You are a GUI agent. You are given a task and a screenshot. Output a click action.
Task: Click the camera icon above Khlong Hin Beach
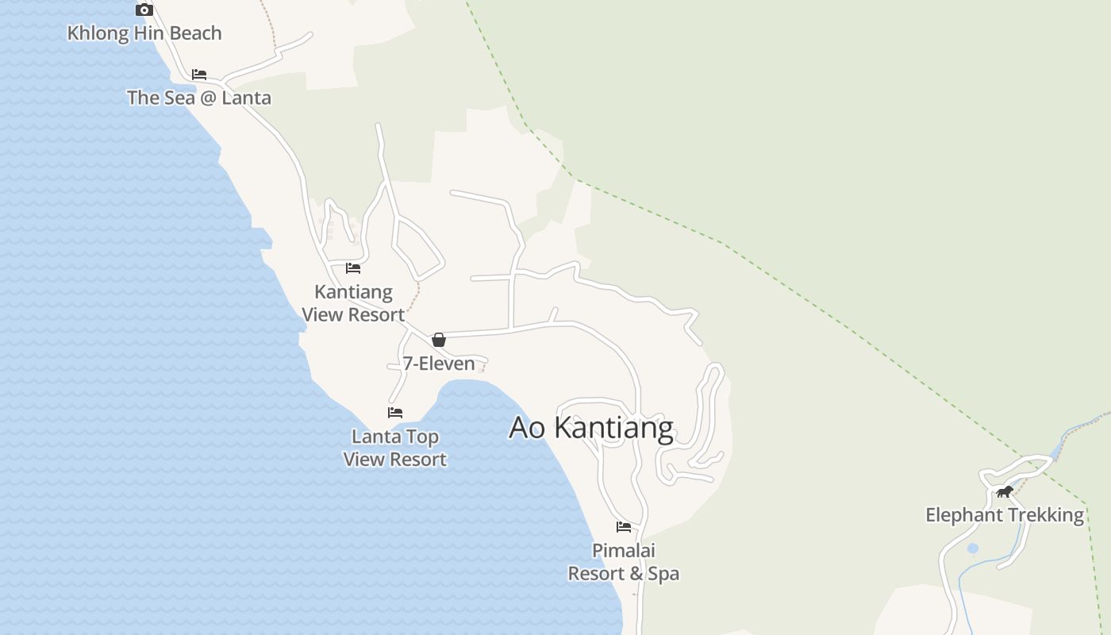tap(144, 10)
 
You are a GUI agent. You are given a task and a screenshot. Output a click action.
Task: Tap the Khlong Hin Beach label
tap(144, 33)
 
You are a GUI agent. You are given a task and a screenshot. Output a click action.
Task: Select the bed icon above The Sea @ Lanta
tap(199, 75)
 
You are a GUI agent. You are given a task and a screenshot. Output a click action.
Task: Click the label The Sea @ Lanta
tap(199, 98)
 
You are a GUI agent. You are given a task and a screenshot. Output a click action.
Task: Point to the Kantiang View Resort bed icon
tap(353, 268)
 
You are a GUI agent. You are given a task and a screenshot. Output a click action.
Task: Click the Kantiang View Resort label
tap(353, 303)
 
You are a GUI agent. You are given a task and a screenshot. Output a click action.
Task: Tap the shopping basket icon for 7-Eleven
tap(439, 340)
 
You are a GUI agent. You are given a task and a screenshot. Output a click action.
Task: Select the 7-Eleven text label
tap(439, 364)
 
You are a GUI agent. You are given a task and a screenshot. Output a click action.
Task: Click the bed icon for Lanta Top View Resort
tap(395, 413)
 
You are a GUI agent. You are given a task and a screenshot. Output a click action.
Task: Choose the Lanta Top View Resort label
tap(395, 448)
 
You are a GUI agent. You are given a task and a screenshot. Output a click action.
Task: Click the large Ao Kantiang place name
tap(591, 427)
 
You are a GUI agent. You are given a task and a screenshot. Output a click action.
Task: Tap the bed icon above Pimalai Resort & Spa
tap(624, 526)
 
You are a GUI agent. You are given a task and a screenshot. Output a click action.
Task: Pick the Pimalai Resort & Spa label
tap(624, 561)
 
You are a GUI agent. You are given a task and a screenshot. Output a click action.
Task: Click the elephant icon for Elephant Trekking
tap(1005, 492)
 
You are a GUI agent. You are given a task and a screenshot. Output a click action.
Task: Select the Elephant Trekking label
tap(1005, 515)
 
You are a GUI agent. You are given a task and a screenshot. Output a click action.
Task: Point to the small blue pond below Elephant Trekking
tap(973, 548)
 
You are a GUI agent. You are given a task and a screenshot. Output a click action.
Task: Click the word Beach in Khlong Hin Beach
tap(194, 33)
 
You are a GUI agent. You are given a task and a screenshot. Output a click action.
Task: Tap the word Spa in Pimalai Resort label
tap(663, 573)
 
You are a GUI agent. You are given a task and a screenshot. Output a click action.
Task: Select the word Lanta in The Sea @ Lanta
tap(246, 98)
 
